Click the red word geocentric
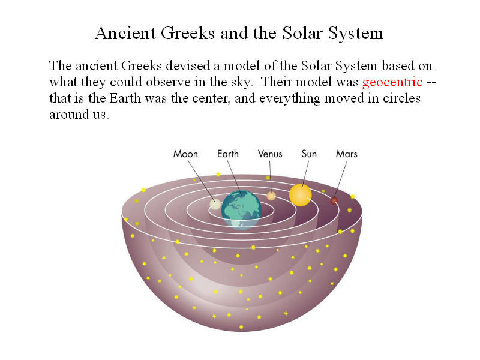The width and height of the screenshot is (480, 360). [392, 83]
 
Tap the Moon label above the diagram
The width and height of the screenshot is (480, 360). [185, 154]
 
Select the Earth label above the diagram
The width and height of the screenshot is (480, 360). [228, 154]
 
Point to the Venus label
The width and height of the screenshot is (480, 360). [270, 154]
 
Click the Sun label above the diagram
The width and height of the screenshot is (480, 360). [309, 154]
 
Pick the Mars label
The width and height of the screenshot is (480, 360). [347, 154]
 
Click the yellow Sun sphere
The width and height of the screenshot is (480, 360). [301, 195]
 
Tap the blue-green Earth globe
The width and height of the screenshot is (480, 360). [241, 210]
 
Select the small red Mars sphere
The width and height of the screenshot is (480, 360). [334, 201]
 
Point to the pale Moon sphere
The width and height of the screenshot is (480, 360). [215, 204]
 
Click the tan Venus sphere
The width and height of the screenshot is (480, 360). [271, 196]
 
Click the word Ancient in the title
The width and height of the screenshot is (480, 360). [125, 33]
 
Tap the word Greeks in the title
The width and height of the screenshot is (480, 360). [188, 33]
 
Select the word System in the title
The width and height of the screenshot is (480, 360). [356, 34]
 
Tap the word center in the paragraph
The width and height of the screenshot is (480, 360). [212, 98]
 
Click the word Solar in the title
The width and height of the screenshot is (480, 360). [302, 33]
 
